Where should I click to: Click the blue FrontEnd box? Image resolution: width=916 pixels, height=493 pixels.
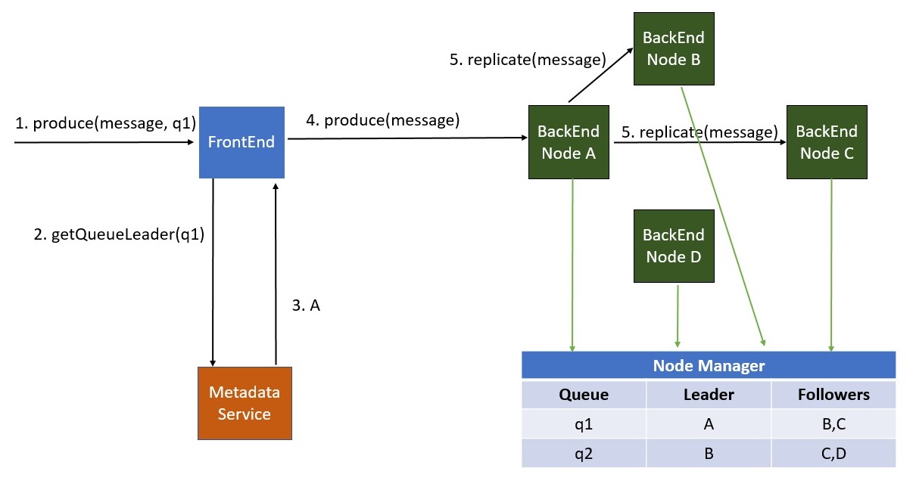241,142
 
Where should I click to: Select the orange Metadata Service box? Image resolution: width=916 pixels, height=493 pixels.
244,403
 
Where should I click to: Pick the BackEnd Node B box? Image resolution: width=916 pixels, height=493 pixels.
673,48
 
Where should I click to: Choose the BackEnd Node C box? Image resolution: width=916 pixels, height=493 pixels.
827,142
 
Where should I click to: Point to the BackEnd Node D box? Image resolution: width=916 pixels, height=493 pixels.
673,246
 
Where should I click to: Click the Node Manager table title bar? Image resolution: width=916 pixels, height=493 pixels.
709,366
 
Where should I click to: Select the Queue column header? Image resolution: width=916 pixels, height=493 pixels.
584,395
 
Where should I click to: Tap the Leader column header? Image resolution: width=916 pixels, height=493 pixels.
709,395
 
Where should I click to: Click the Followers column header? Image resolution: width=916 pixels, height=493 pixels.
833,395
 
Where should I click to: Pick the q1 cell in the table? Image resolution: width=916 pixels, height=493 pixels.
584,424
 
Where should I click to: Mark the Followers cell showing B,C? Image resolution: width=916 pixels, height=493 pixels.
833,424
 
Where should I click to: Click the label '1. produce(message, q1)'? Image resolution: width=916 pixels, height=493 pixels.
105,123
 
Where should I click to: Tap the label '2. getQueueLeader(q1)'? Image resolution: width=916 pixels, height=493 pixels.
119,235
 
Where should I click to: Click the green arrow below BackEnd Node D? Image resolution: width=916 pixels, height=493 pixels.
677,316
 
